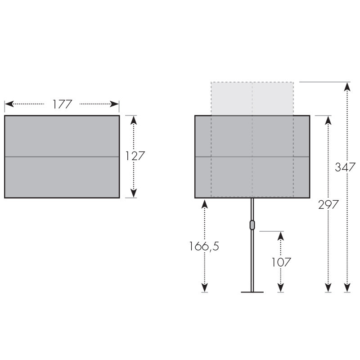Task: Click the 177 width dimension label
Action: [x=63, y=104]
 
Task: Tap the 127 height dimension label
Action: [x=135, y=156]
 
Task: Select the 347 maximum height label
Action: [x=345, y=167]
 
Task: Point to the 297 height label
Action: [x=328, y=204]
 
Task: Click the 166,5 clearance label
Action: [x=204, y=246]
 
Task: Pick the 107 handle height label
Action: [x=281, y=262]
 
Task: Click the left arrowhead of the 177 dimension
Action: [x=9, y=104]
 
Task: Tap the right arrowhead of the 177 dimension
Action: [x=114, y=104]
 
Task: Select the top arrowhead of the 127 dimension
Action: [x=134, y=120]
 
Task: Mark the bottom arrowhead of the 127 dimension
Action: [x=134, y=193]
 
